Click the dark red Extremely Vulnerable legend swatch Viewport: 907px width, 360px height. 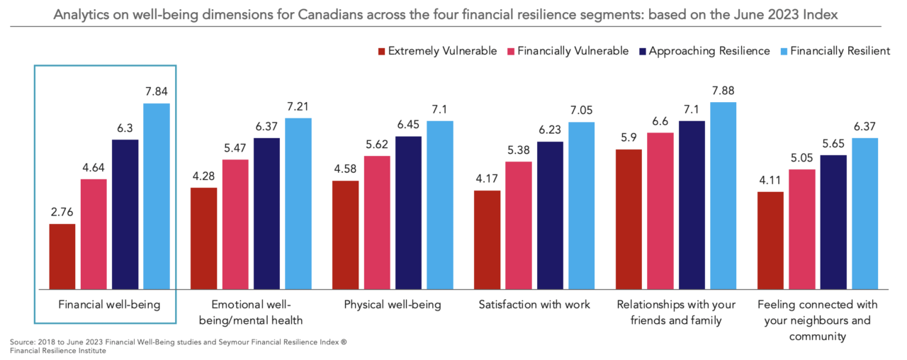point(381,51)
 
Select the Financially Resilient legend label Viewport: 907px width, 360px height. point(840,51)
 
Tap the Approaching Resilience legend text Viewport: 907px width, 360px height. point(709,51)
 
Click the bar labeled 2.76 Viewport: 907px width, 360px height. point(62,257)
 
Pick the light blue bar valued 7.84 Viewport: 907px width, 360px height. point(157,196)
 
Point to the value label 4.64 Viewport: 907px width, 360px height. point(93,169)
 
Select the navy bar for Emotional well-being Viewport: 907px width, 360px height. point(266,213)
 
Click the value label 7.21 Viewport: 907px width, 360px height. point(298,108)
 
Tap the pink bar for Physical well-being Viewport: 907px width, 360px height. point(377,223)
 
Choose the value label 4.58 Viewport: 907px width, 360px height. point(345,171)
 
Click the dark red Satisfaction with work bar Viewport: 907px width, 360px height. point(487,240)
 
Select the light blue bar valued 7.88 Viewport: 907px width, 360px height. point(723,196)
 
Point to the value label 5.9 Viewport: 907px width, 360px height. point(629,140)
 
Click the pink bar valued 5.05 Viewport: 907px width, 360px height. point(802,229)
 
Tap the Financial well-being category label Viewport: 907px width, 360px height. point(109,305)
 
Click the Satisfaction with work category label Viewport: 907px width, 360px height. point(534,305)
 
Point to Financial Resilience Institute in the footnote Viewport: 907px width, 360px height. point(58,351)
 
